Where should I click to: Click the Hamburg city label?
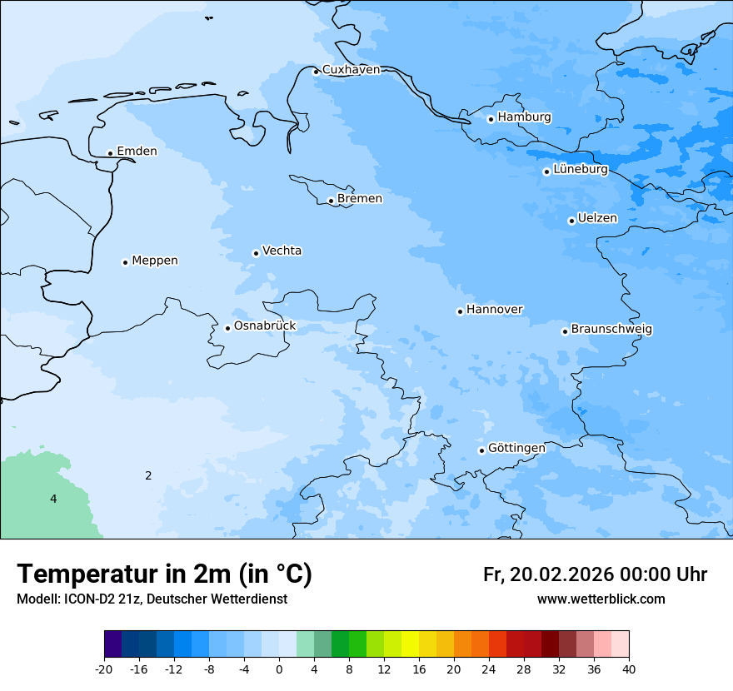click(x=524, y=117)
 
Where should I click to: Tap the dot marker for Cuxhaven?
click(x=316, y=72)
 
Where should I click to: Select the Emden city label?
click(x=137, y=152)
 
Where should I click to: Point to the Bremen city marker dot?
click(x=331, y=201)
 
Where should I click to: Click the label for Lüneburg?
click(x=581, y=170)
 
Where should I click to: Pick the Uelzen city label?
click(x=597, y=219)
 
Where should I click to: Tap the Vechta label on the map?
click(x=282, y=251)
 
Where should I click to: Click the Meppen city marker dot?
click(x=125, y=262)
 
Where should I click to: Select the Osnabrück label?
click(x=265, y=326)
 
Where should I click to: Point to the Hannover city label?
click(x=494, y=310)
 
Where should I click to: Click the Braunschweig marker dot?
click(x=565, y=331)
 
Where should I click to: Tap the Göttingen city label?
click(x=516, y=449)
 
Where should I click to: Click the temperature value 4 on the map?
click(x=53, y=499)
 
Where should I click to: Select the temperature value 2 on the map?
click(x=148, y=475)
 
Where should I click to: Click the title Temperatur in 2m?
click(x=164, y=574)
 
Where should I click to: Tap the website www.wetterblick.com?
click(x=601, y=599)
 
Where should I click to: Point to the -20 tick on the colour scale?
click(x=104, y=669)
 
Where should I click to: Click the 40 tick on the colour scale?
click(x=629, y=669)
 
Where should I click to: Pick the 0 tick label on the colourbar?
click(x=279, y=669)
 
